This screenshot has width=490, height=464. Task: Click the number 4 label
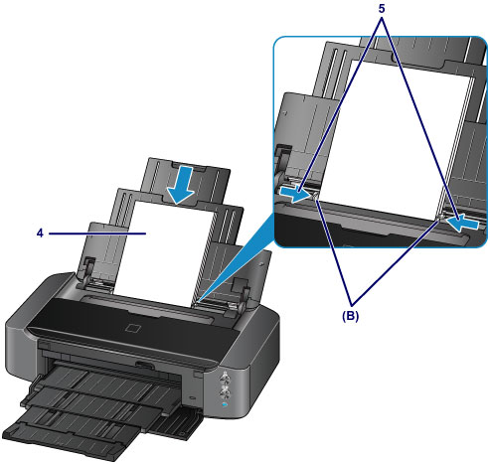[40, 233]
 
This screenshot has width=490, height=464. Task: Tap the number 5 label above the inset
[382, 9]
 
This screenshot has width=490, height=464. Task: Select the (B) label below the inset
[351, 317]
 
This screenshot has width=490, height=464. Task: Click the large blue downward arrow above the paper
[181, 185]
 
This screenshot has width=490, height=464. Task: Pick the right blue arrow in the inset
[463, 223]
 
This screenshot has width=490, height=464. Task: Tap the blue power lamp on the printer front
[225, 404]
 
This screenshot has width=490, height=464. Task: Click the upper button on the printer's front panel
[225, 377]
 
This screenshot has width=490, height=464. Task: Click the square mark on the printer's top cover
[133, 327]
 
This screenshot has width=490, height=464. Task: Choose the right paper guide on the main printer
[241, 288]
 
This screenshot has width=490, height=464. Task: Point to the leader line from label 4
[97, 233]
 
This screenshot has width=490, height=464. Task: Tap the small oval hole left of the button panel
[193, 396]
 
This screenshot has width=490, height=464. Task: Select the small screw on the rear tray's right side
[261, 263]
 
